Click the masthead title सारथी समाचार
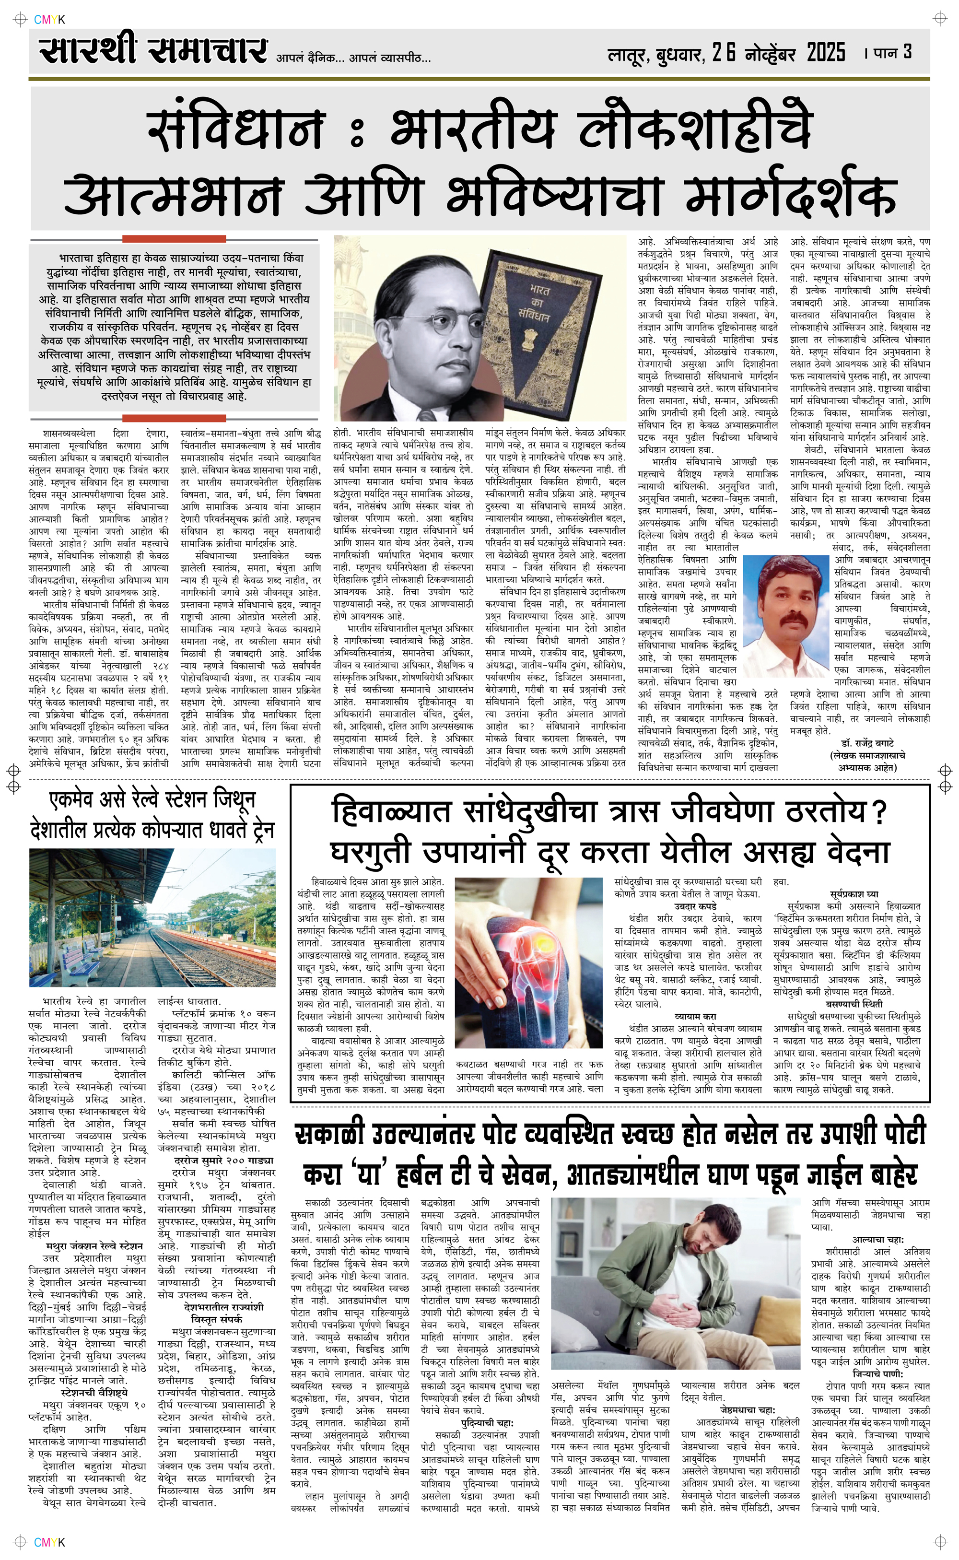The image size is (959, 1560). coord(153,51)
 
